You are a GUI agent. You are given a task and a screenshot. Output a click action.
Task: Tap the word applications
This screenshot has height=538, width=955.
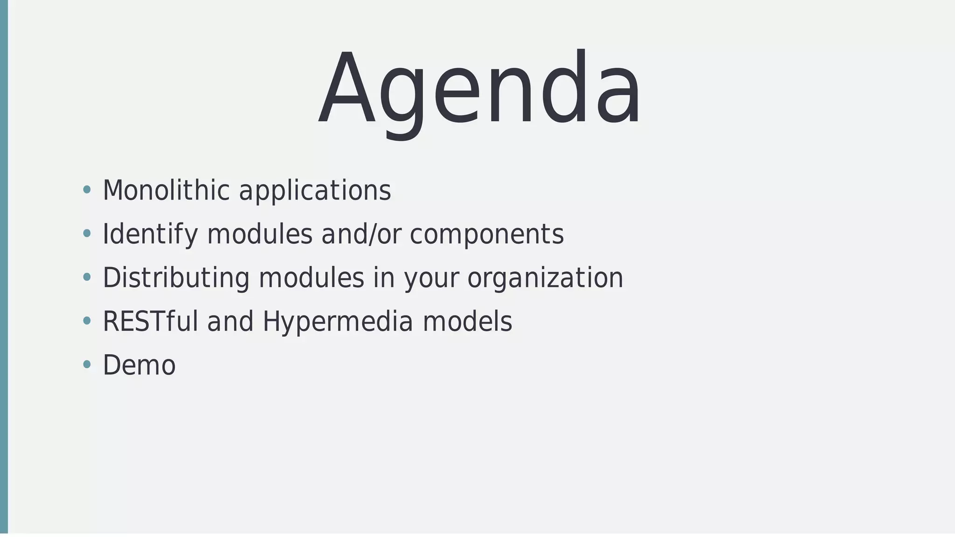pos(315,191)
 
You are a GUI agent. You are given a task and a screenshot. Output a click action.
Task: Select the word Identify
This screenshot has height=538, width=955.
pos(150,234)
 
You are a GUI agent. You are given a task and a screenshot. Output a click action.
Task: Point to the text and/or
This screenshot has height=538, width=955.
pos(361,234)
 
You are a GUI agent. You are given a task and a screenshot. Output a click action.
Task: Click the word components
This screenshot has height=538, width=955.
pos(486,235)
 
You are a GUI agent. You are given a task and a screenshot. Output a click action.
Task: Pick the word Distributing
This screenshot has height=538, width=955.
pos(176,278)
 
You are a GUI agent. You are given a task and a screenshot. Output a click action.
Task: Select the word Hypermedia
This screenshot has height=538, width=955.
pos(338,322)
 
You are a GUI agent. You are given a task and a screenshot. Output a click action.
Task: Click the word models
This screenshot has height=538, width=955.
pos(467,321)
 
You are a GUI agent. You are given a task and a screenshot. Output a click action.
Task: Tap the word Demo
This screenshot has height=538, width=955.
pos(139,365)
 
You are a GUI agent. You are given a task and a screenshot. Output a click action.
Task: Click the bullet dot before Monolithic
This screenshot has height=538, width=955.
pos(86,190)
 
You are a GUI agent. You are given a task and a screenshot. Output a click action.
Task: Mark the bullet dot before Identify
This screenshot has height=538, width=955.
pos(86,234)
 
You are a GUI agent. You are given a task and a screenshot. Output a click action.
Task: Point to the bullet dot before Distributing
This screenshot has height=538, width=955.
pos(86,277)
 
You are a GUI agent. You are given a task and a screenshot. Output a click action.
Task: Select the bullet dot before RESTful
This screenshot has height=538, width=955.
pos(86,321)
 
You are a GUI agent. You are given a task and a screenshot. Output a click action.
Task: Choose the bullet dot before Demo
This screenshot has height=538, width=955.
pos(86,365)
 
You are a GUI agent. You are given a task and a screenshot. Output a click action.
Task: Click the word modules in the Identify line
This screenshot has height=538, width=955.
pos(259,234)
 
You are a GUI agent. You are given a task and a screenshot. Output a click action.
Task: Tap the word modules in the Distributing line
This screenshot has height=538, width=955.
pos(311,278)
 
